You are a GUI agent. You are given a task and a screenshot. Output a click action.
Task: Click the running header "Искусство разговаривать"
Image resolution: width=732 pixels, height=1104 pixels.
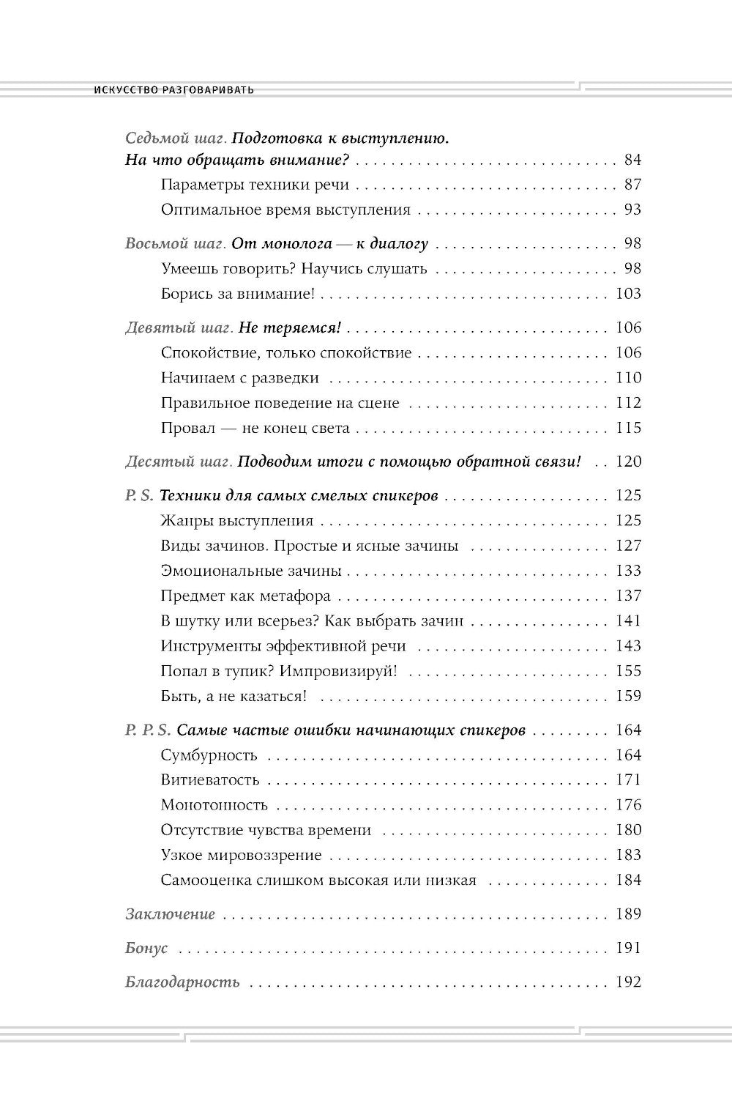(174, 90)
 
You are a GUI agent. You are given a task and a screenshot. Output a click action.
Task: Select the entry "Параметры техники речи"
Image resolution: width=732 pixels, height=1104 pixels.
(255, 185)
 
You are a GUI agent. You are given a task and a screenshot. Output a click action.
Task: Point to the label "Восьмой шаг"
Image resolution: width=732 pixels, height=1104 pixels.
(175, 243)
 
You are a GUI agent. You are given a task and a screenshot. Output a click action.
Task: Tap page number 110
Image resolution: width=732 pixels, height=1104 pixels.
(628, 378)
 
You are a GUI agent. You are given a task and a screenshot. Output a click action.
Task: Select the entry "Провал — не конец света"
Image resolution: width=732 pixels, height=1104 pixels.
(255, 428)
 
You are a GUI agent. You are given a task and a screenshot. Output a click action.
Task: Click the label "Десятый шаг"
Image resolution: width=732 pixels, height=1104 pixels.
(179, 462)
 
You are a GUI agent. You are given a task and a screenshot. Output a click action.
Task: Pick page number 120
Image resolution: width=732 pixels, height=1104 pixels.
(628, 462)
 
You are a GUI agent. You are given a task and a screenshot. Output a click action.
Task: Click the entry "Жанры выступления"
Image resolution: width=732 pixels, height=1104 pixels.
(237, 521)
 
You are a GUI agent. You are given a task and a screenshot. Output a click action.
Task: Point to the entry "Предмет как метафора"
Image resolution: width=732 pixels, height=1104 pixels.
(246, 596)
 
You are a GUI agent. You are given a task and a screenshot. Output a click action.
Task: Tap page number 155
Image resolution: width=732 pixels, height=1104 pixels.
(628, 671)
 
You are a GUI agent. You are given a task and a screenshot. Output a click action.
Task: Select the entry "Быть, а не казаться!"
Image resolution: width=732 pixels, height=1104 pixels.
(234, 696)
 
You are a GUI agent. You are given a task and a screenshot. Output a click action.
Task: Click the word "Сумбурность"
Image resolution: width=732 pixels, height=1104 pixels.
(209, 755)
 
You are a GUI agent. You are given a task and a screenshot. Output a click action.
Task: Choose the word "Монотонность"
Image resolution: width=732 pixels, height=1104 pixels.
(214, 805)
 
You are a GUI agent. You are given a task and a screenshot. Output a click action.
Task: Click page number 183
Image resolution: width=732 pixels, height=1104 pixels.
(628, 855)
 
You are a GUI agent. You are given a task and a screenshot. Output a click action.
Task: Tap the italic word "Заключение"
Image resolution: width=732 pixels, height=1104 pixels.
(171, 914)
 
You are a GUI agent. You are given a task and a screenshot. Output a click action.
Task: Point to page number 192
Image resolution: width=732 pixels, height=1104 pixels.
(628, 982)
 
